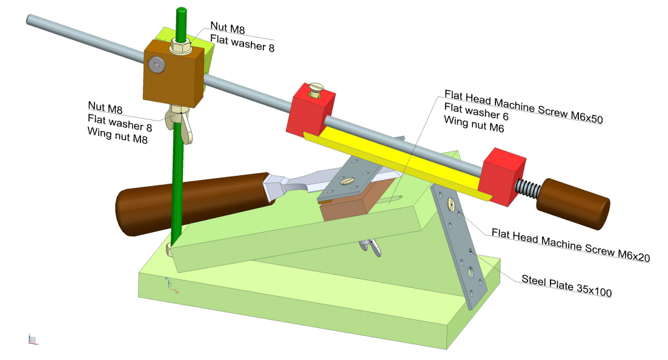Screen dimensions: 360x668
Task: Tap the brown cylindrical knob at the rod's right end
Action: point(572,203)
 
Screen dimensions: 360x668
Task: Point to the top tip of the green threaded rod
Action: point(181,10)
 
